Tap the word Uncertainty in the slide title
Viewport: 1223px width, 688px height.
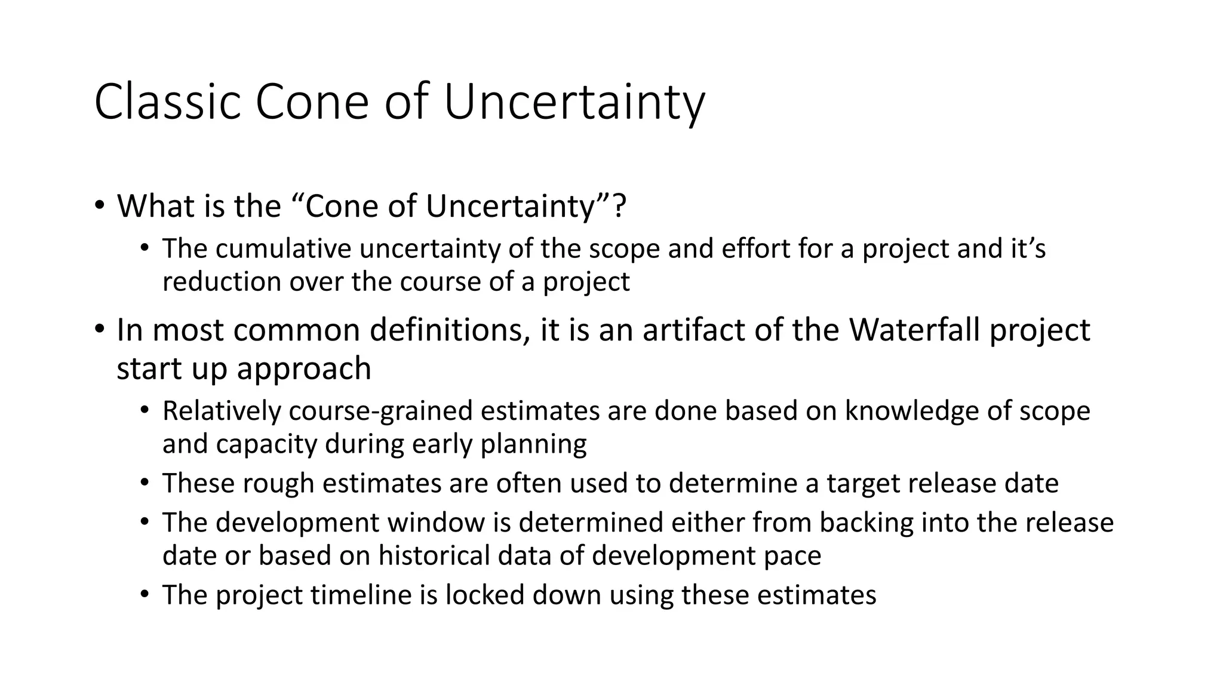click(574, 102)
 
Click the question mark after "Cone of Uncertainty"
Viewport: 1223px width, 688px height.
click(619, 206)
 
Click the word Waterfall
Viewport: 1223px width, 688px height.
click(915, 330)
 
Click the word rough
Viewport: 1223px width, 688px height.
click(278, 483)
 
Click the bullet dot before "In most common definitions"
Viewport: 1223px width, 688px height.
click(99, 330)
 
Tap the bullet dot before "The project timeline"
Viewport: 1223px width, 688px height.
click(144, 595)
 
